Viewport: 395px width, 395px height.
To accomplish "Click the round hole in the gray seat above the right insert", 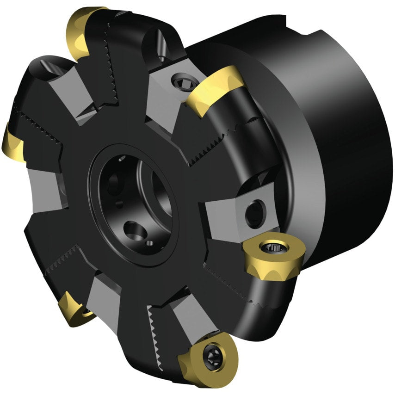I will (x=253, y=214).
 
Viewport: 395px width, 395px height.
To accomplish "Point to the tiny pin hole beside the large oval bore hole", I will (x=149, y=242).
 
